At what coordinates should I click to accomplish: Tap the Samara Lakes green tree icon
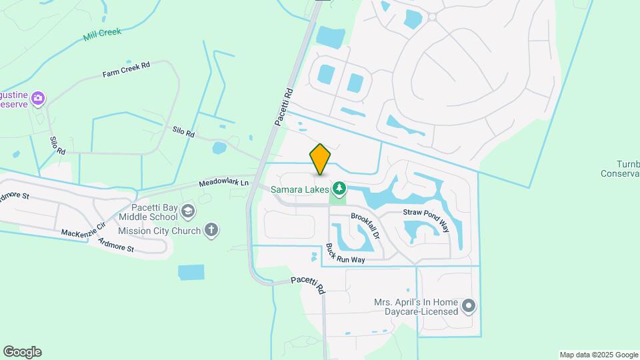click(x=340, y=189)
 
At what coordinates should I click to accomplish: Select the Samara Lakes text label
click(x=299, y=189)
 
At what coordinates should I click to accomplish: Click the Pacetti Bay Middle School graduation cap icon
click(x=189, y=212)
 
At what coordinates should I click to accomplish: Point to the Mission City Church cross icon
click(x=211, y=231)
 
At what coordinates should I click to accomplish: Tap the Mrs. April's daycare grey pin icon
click(x=469, y=306)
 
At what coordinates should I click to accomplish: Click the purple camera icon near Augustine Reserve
click(x=38, y=99)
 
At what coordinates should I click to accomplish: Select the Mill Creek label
click(x=102, y=34)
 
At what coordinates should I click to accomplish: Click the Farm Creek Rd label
click(x=127, y=69)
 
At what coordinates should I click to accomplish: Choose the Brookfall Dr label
click(x=365, y=227)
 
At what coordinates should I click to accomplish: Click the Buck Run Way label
click(x=345, y=254)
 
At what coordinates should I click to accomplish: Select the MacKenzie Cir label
click(x=83, y=230)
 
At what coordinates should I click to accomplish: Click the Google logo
click(x=22, y=352)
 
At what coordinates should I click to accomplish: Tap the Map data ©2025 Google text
click(x=599, y=355)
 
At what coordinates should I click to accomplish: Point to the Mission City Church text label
click(x=159, y=231)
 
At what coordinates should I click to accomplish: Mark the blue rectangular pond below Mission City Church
click(x=191, y=272)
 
